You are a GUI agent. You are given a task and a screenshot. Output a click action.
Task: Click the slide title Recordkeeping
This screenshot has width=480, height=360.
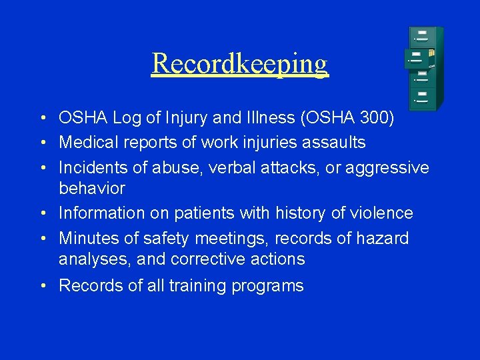coord(239,63)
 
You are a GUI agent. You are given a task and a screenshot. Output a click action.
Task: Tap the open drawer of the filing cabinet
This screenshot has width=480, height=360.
coord(419,59)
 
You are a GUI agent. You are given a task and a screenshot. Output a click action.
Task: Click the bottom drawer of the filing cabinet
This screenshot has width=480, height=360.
coord(425,99)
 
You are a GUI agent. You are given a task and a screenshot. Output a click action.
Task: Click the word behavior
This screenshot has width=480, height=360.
coord(91,188)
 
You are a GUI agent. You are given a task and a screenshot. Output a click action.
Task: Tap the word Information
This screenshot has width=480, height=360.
coord(99,213)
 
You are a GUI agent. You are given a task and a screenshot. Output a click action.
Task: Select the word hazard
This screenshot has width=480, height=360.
coord(378,238)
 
